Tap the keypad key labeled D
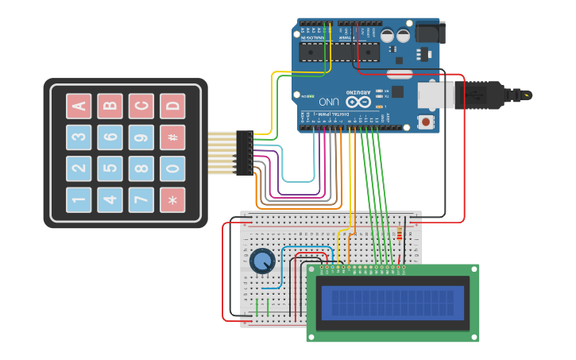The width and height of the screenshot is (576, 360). [172, 106]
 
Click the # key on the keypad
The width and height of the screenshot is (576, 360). [172, 137]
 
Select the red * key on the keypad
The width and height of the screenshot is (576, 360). [172, 199]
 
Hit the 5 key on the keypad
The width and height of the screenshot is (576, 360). [110, 168]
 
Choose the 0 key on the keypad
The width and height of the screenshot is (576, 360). [172, 168]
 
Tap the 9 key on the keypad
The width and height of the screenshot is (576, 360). [141, 137]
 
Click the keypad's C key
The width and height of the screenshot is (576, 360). [141, 106]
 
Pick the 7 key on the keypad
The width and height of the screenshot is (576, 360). [141, 199]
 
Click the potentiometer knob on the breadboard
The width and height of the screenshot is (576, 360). [261, 261]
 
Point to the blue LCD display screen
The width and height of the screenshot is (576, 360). [392, 303]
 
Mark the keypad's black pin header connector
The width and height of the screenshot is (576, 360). [243, 153]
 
